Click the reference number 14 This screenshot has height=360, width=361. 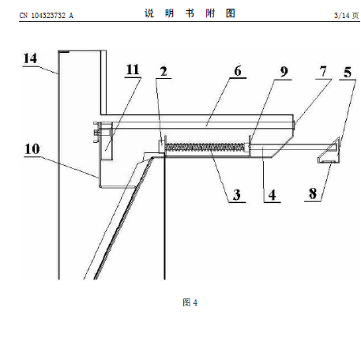tap(30, 58)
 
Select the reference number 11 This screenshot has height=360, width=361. tap(133, 70)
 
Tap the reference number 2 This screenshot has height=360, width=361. tap(164, 72)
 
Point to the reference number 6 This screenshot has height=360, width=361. tap(238, 71)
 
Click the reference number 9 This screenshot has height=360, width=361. tap(284, 72)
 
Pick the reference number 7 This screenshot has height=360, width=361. tap(323, 71)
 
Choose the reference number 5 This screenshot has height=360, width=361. tap(348, 73)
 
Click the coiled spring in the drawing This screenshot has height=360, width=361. tap(205, 148)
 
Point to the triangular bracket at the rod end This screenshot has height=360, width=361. tap(329, 150)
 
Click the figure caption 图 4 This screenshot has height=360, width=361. tap(190, 302)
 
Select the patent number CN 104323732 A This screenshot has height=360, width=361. tap(47, 16)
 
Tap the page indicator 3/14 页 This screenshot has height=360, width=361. tap(346, 16)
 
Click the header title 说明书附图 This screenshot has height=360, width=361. tap(190, 13)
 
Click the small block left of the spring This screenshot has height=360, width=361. tap(161, 146)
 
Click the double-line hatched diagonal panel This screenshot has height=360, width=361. tap(122, 219)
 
